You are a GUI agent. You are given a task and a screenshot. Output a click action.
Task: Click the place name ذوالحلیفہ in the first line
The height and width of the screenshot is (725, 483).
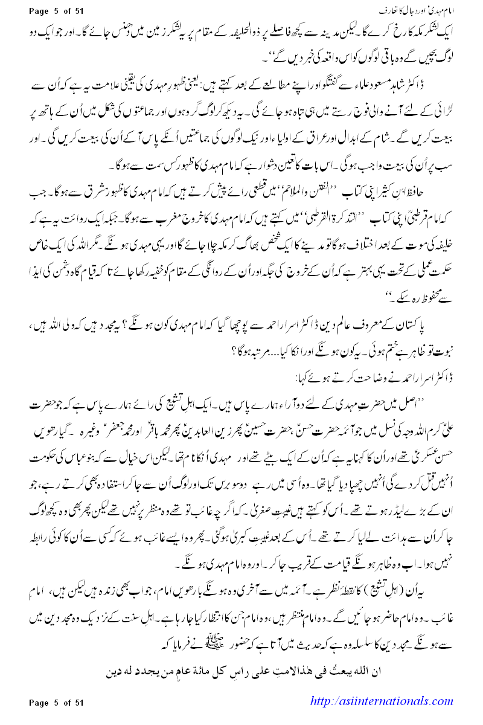254,30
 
